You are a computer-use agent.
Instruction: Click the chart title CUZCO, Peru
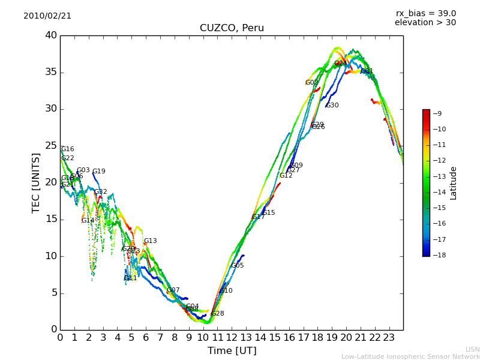click(x=232, y=28)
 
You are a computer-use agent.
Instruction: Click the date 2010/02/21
click(x=47, y=16)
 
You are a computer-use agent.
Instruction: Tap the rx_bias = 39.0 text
click(x=425, y=13)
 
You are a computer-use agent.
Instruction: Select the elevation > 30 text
click(x=425, y=23)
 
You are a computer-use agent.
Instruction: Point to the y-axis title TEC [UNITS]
click(x=36, y=182)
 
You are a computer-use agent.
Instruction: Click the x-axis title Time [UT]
click(x=232, y=350)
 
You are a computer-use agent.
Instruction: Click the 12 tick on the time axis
click(x=232, y=337)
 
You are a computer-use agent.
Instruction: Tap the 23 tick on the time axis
click(x=389, y=337)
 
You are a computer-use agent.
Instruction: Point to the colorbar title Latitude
click(x=454, y=183)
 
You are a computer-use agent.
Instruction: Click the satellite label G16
click(x=68, y=149)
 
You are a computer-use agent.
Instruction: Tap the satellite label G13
click(x=150, y=241)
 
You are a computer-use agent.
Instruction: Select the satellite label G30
click(x=332, y=106)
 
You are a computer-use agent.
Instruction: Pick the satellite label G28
click(x=218, y=314)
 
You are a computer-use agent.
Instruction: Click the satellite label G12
click(x=286, y=176)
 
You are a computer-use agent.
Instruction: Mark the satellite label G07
click(x=173, y=290)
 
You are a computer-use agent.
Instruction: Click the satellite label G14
click(x=88, y=221)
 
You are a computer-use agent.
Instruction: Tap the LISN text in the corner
click(x=472, y=349)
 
